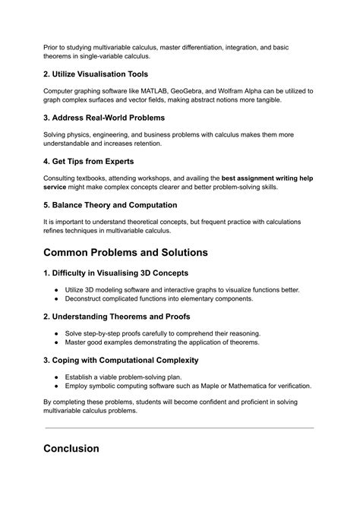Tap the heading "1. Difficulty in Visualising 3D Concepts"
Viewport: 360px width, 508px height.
point(125,273)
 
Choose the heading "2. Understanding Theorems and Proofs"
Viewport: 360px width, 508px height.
point(122,317)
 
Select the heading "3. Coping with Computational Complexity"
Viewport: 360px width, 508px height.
point(131,360)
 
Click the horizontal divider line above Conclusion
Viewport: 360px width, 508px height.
point(179,428)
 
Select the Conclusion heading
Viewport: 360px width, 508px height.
point(71,448)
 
